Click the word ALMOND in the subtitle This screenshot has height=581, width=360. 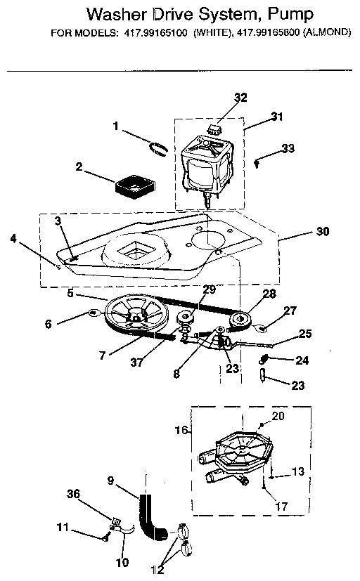tap(328, 33)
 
